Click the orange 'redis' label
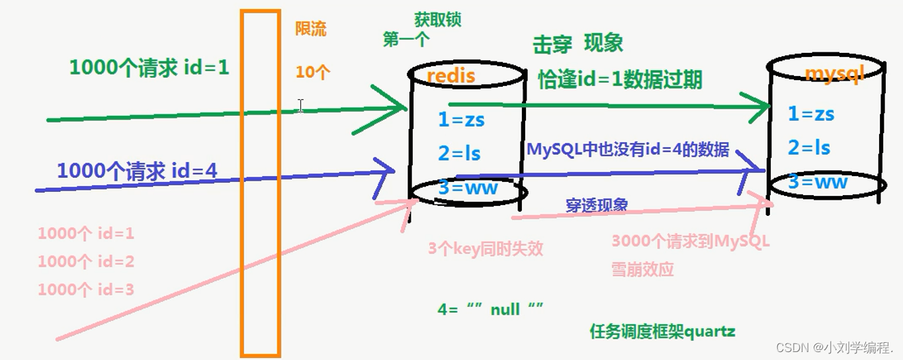point(451,75)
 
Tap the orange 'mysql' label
point(834,73)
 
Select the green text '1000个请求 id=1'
point(149,67)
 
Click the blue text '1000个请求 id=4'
point(137,171)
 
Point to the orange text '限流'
point(311,29)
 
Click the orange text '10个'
point(312,72)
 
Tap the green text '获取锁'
point(437,19)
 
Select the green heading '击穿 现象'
point(578,44)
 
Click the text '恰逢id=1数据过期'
point(620,79)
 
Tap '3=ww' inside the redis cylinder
point(468,188)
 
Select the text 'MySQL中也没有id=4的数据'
point(628,150)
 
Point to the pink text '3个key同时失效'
point(485,249)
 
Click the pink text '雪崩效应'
point(642,269)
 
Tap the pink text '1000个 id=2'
point(86,261)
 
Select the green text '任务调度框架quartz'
point(662,332)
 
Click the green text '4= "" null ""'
point(490,309)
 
